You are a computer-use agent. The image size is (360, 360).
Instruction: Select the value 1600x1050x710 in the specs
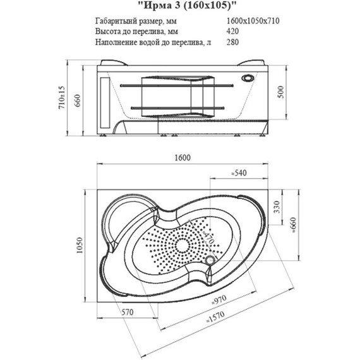pyautogui.click(x=253, y=21)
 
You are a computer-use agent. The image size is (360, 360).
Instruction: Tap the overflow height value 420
pyautogui.click(x=232, y=31)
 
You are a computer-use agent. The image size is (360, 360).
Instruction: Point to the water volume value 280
pyautogui.click(x=232, y=42)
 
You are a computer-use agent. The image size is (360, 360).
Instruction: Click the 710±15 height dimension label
pyautogui.click(x=62, y=98)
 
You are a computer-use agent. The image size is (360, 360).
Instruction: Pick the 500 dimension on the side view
pyautogui.click(x=281, y=92)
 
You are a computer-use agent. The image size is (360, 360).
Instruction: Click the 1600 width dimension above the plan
pyautogui.click(x=183, y=158)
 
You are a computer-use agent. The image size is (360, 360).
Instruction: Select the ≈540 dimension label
pyautogui.click(x=239, y=172)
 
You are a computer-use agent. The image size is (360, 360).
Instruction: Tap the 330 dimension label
pyautogui.click(x=277, y=207)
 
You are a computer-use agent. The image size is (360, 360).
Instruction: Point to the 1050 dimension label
pyautogui.click(x=79, y=246)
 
